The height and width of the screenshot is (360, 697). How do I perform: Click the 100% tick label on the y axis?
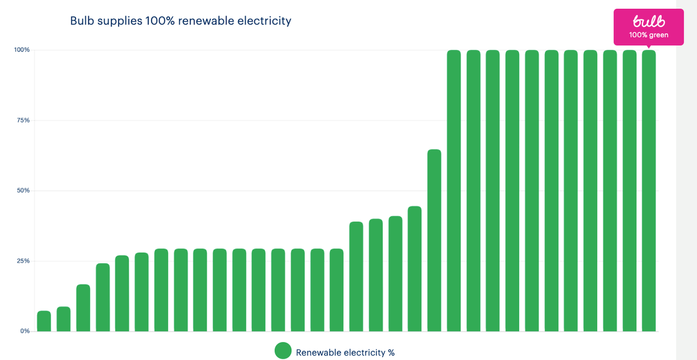[x=22, y=50]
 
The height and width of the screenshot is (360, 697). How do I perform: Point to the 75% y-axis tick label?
[x=23, y=120]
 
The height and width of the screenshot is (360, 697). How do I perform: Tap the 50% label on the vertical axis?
[x=23, y=190]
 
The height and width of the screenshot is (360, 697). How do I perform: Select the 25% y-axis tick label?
[x=23, y=261]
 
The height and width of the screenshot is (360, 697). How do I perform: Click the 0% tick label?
[x=25, y=331]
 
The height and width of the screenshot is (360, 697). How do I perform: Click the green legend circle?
[x=283, y=351]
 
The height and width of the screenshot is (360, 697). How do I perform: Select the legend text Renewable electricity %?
[x=345, y=352]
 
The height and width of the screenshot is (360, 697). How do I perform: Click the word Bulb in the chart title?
[x=82, y=21]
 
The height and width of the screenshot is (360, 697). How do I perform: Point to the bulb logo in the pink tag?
[x=648, y=21]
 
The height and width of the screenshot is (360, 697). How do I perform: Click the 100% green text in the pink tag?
[x=648, y=35]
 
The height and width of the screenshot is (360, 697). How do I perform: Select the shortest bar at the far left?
[x=44, y=321]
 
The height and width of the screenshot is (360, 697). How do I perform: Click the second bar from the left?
[x=63, y=319]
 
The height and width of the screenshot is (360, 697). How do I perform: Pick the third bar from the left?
[x=83, y=308]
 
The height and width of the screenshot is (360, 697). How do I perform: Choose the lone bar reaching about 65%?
[x=434, y=240]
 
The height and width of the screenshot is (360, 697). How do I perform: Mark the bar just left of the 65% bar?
[x=415, y=269]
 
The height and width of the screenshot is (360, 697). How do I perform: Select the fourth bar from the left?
[x=103, y=297]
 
